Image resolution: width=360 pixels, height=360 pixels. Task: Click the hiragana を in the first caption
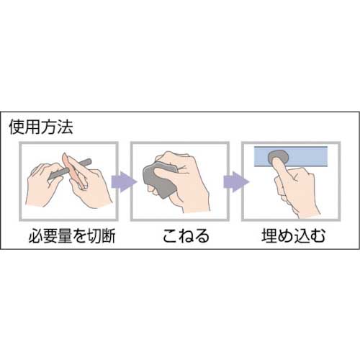click(74, 235)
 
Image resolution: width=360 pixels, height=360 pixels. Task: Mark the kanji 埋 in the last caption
click(266, 235)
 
